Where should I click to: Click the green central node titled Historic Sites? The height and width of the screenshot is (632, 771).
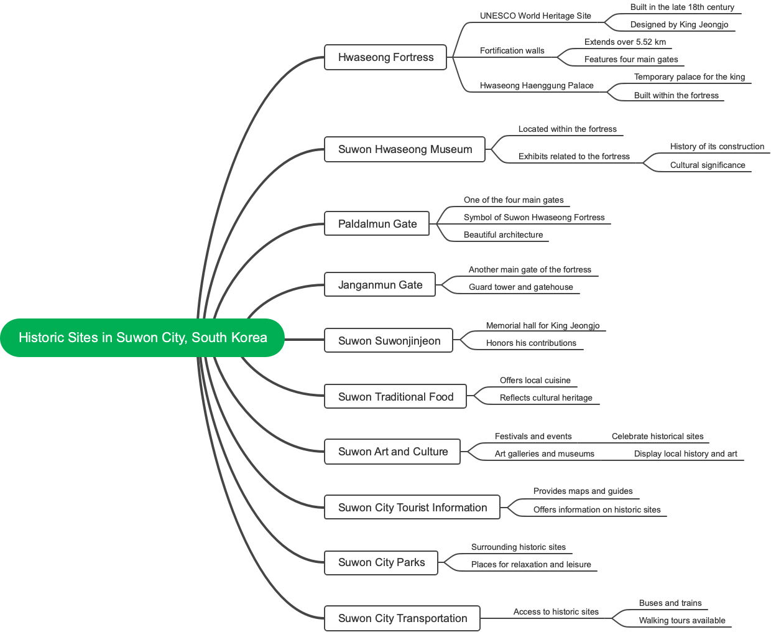tap(142, 338)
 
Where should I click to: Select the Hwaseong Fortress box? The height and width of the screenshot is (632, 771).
tap(386, 57)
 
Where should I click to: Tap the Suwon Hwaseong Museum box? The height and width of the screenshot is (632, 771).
tap(405, 149)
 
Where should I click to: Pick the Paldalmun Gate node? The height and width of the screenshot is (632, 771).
tap(377, 224)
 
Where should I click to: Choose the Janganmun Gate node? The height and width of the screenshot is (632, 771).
tap(380, 285)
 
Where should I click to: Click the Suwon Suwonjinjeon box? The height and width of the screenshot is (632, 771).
tap(389, 341)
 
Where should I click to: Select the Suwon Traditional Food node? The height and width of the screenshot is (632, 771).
tap(395, 397)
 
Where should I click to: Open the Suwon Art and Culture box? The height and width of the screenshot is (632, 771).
tap(392, 452)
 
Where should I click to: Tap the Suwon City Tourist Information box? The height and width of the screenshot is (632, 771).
tap(412, 508)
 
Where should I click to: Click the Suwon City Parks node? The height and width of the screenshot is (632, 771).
tap(381, 562)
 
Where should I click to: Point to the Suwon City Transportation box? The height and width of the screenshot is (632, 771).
tap(402, 618)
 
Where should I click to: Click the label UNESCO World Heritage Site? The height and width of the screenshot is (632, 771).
tap(535, 16)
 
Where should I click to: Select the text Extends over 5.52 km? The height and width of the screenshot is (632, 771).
tap(625, 42)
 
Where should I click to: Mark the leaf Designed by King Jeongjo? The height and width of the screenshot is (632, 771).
tap(679, 25)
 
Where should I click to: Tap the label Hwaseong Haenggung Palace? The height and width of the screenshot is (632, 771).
tap(537, 86)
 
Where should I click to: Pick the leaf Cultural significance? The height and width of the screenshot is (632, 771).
tap(708, 165)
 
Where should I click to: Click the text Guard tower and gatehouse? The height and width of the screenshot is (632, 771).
tap(521, 287)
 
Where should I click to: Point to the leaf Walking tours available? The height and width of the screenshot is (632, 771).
tap(682, 621)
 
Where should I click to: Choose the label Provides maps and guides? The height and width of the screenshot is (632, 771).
tap(583, 491)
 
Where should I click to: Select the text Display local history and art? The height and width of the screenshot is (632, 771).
tap(685, 454)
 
